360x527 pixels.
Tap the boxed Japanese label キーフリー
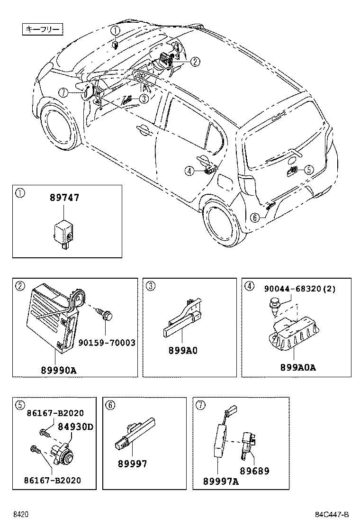click(x=42, y=30)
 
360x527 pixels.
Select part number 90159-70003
click(x=107, y=342)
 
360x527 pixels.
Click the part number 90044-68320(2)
click(x=299, y=289)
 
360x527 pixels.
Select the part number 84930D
click(x=75, y=427)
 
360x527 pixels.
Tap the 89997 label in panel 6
click(x=132, y=463)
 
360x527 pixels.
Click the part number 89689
click(x=254, y=471)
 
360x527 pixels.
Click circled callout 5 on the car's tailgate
click(x=308, y=169)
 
